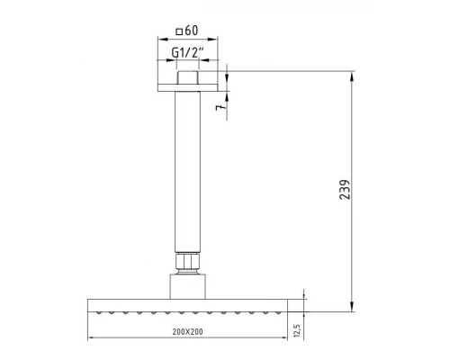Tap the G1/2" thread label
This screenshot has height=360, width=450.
189,53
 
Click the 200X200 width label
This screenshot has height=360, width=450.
189,332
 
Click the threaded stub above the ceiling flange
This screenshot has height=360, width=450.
189,76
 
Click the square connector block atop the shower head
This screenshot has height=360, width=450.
189,285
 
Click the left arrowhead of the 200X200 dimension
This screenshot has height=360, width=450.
90,340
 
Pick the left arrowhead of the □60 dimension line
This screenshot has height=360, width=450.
161,40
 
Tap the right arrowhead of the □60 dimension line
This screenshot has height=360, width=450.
217,40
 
